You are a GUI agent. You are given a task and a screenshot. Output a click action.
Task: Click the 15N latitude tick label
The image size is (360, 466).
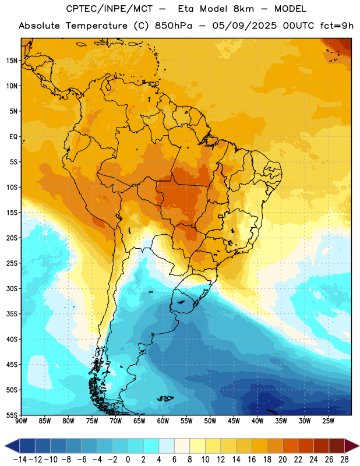(x=12, y=61)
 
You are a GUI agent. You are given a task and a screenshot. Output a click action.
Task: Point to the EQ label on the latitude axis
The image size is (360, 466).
(x=13, y=137)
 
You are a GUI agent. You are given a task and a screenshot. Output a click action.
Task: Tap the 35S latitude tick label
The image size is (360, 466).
(x=12, y=314)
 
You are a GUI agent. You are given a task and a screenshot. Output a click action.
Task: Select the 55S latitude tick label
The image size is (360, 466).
(x=12, y=415)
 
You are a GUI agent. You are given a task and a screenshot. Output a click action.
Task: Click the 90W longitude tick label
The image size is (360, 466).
(x=21, y=421)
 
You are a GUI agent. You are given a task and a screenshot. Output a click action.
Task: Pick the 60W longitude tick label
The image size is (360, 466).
(x=163, y=421)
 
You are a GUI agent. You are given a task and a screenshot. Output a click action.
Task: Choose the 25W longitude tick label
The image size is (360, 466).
(x=328, y=421)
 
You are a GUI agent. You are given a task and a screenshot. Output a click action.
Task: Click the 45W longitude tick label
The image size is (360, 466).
(x=234, y=421)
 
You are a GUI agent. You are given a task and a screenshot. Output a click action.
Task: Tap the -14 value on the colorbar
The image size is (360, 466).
(x=20, y=460)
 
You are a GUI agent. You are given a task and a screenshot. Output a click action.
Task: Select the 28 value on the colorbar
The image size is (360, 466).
(x=344, y=460)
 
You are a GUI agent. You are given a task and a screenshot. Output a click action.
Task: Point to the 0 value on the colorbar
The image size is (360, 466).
(x=128, y=460)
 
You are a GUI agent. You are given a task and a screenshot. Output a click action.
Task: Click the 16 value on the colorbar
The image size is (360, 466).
(x=252, y=460)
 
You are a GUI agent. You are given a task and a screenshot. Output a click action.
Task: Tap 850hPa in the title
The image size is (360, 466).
(x=174, y=26)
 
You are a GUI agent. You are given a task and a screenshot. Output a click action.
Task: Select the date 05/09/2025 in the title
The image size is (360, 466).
(x=244, y=26)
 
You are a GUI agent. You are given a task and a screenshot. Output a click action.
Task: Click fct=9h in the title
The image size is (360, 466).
(x=337, y=26)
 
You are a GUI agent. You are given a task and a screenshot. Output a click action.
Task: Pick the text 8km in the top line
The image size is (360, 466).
(x=243, y=9)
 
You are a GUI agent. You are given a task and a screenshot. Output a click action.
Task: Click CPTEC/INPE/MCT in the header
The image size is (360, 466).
(x=109, y=9)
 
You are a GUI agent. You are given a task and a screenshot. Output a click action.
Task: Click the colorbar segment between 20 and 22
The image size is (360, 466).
(x=290, y=446)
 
